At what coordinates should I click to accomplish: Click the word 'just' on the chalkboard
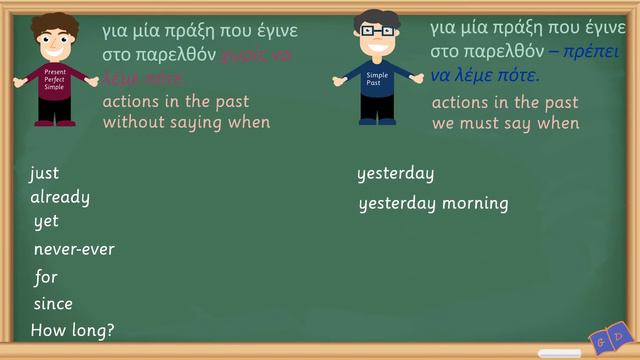(44, 174)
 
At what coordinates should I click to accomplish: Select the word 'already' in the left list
(60, 197)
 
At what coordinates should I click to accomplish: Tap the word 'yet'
(46, 222)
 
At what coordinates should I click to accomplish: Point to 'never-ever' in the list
(74, 249)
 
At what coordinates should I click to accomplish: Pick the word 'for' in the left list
(46, 277)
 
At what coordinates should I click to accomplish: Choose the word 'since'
(53, 304)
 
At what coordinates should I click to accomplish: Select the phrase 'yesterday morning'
(433, 204)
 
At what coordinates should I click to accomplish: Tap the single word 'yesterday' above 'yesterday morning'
(395, 174)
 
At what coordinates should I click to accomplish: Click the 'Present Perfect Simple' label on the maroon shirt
(54, 81)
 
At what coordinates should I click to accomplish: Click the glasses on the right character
(377, 31)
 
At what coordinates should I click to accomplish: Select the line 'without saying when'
(186, 122)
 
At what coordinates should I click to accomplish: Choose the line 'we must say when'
(505, 123)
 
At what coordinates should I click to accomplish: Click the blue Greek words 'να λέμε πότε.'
(485, 76)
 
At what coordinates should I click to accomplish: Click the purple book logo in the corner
(610, 338)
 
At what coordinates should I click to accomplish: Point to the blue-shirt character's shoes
(378, 121)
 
